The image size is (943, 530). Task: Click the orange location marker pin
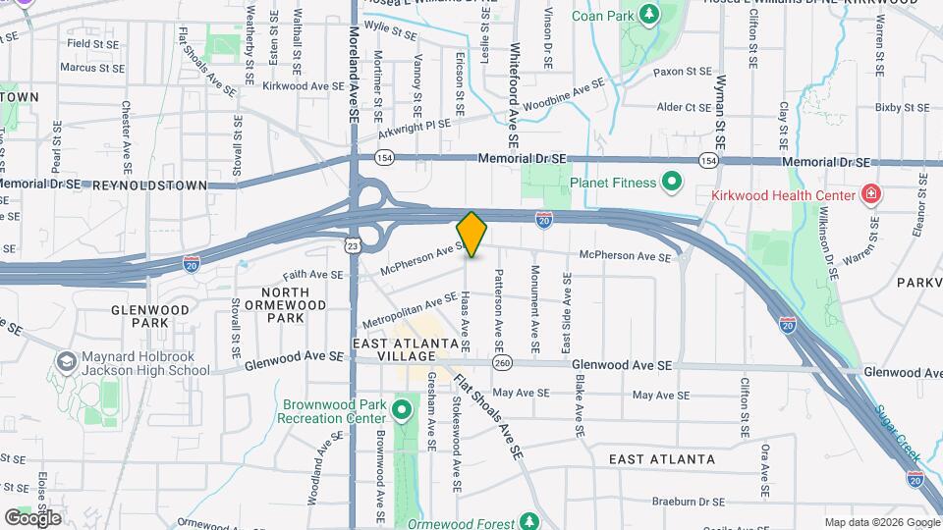tap(471, 234)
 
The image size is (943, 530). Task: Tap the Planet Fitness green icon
tap(672, 182)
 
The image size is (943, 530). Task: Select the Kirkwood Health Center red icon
tap(869, 195)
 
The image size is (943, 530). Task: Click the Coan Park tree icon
tap(648, 15)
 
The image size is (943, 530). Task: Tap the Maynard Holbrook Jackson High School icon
tap(67, 362)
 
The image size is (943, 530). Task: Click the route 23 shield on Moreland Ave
tap(352, 246)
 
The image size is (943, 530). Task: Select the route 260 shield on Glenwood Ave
tap(503, 364)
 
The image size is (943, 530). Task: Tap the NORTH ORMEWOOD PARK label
tap(286, 304)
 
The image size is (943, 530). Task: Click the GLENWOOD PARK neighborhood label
tap(149, 316)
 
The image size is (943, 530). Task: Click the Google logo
tap(32, 517)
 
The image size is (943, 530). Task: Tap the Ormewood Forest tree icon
tap(530, 520)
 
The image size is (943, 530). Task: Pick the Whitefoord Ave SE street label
tap(513, 89)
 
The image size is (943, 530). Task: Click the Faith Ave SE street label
tap(312, 275)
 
